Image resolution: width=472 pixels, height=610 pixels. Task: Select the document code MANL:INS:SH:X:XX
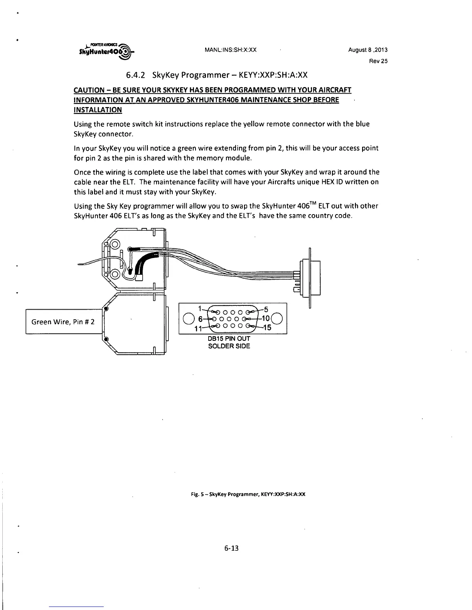pos(231,50)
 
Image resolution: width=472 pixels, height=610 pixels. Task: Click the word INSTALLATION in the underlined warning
pos(98,110)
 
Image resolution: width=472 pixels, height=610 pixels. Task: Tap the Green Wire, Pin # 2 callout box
pos(63,321)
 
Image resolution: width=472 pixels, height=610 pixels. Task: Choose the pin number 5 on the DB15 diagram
pos(266,308)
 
